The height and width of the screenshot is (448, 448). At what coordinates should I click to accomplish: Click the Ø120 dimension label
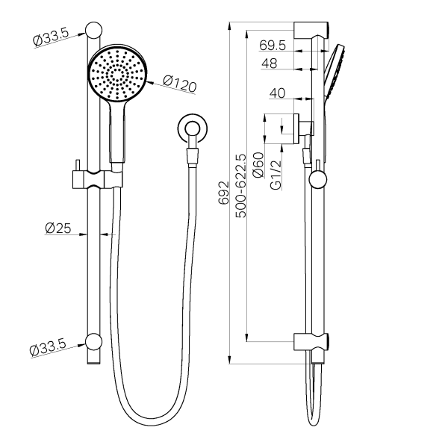180,84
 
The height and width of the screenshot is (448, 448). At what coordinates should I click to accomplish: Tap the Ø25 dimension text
58,228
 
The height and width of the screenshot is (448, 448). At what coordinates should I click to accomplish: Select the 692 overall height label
224,193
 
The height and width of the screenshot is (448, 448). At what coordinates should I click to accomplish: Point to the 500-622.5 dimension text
240,186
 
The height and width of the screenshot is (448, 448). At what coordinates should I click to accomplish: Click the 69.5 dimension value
273,45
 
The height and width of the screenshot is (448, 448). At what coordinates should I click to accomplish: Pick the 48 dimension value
269,63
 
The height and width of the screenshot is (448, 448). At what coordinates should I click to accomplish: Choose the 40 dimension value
278,93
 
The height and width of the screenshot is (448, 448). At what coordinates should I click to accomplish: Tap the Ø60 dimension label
258,165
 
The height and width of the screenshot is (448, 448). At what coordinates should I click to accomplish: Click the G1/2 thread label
276,175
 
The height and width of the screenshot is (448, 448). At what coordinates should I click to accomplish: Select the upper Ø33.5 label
51,37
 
